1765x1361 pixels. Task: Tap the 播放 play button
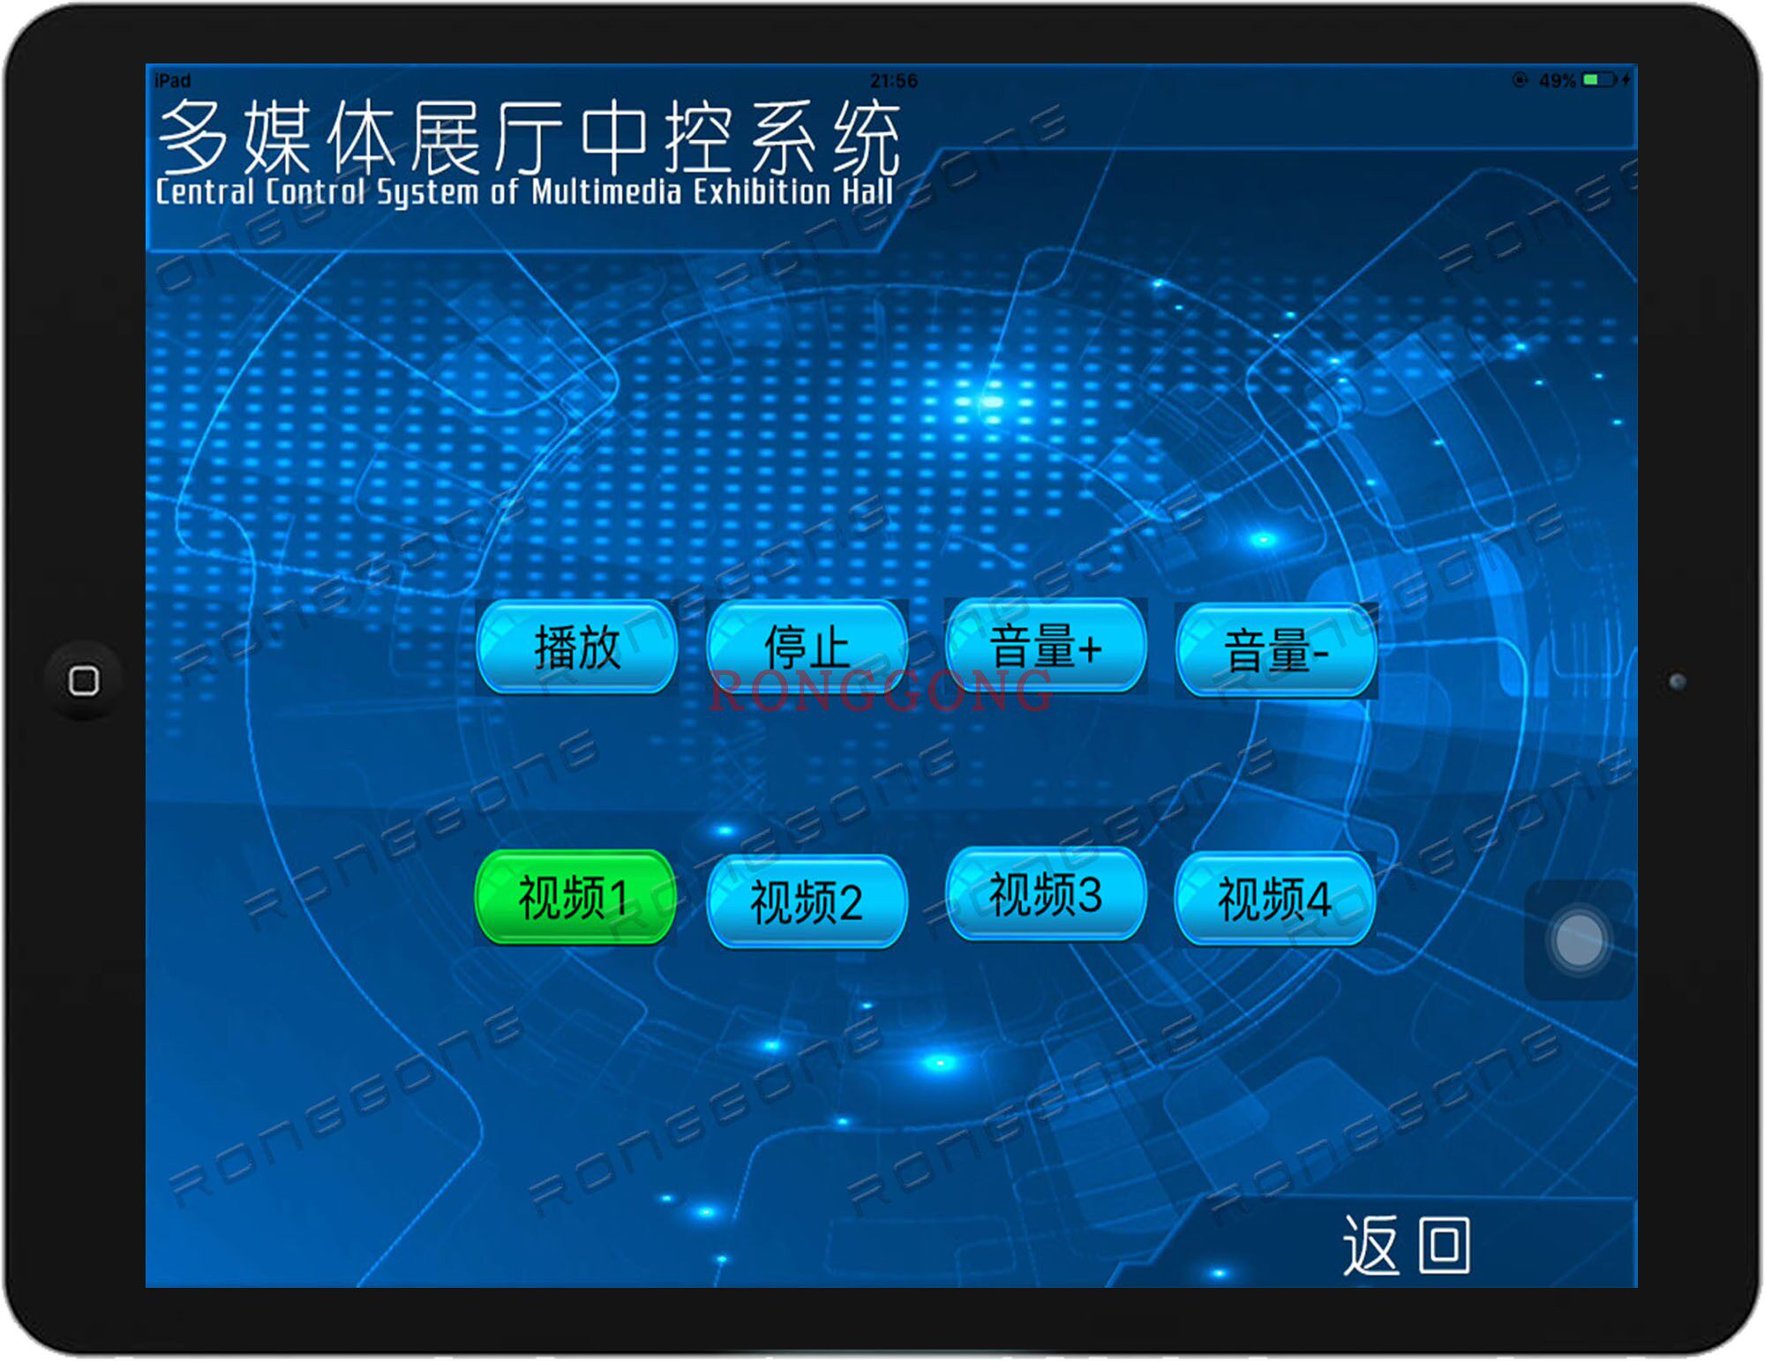coord(577,647)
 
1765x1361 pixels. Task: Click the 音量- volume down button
coord(1276,650)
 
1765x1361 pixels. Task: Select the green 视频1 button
coord(575,897)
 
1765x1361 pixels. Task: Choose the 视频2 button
coord(807,901)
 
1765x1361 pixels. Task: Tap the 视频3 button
coord(1046,894)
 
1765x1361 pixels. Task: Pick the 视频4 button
coord(1275,899)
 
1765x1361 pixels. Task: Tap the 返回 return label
coord(1407,1245)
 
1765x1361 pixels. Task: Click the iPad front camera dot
coord(1677,681)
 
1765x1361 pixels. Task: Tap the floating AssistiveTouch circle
coord(1579,940)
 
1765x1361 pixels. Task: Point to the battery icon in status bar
coord(1599,80)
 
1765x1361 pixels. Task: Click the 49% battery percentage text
coord(1557,81)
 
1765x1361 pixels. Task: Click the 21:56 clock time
coord(894,81)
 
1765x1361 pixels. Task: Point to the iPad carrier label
coord(173,81)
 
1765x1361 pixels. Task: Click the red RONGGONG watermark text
coord(880,691)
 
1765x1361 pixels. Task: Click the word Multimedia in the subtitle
coord(606,191)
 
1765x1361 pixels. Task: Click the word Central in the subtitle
coord(205,191)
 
